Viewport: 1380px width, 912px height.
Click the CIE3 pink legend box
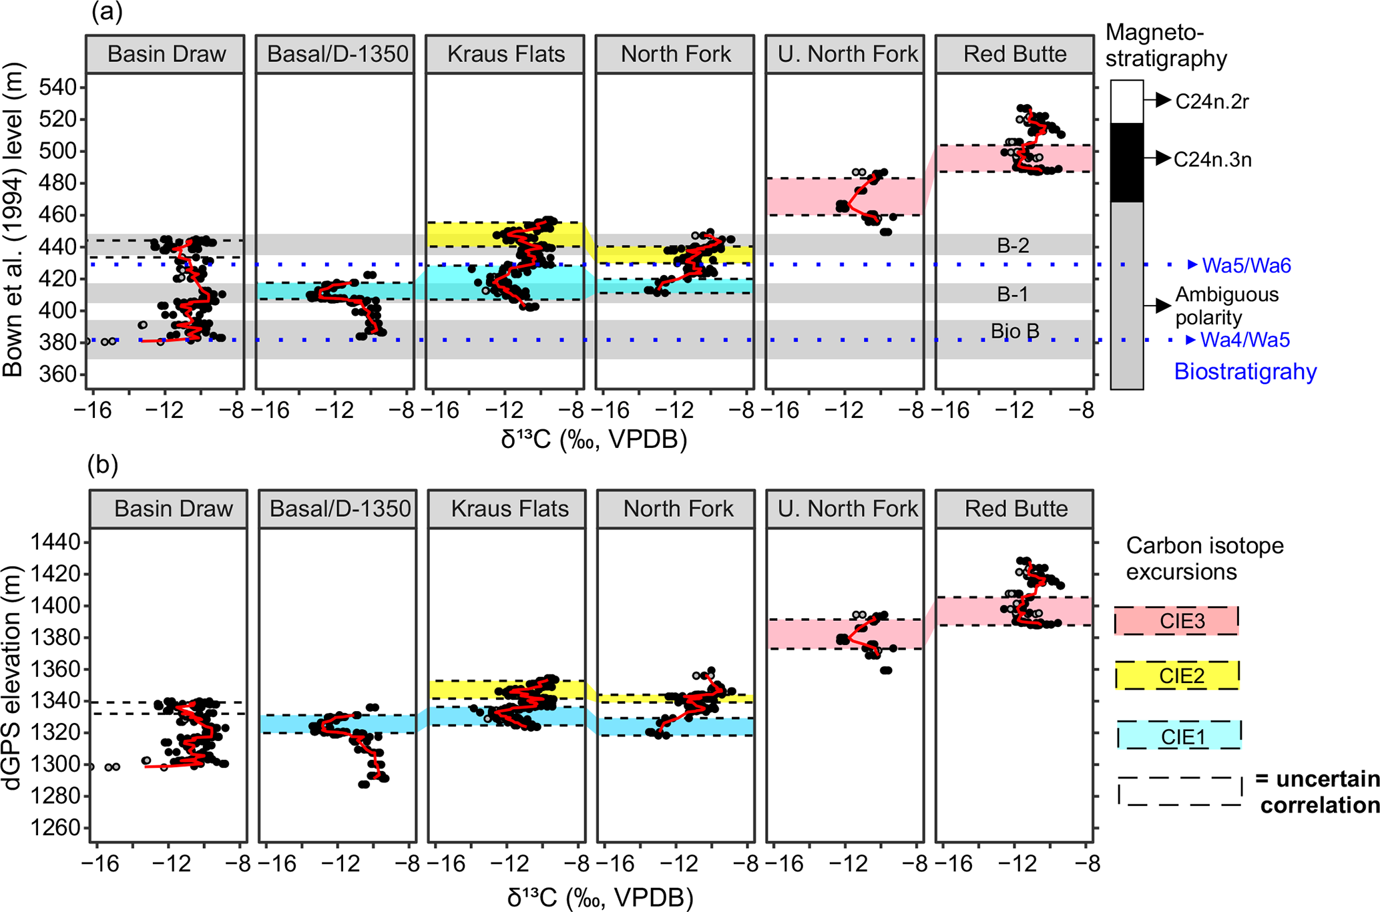1176,621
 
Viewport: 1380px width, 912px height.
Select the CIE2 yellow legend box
1177,676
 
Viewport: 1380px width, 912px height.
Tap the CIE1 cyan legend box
1179,736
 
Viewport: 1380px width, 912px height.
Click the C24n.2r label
1212,101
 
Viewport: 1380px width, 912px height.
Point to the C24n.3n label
1212,160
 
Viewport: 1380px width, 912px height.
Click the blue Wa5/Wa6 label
1246,266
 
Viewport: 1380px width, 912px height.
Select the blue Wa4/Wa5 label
1245,340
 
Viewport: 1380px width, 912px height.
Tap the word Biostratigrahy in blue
1245,371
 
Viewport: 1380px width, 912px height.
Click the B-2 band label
1013,246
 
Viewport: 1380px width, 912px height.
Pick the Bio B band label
1015,331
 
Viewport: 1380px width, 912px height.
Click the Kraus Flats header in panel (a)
505,54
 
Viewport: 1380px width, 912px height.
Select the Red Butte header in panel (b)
1015,509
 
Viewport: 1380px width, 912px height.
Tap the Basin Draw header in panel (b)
173,509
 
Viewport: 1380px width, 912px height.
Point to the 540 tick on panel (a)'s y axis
59,87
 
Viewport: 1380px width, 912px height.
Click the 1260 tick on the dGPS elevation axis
55,828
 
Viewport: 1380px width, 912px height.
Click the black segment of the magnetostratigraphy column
1127,162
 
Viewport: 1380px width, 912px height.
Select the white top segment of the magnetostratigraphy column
1127,101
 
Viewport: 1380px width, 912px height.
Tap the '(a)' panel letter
107,12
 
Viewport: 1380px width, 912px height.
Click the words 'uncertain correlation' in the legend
1319,792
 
